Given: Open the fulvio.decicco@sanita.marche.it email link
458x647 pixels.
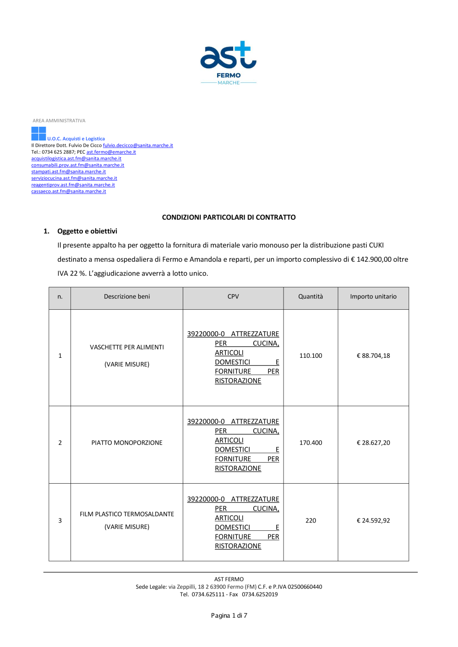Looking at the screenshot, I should pyautogui.click(x=138, y=146).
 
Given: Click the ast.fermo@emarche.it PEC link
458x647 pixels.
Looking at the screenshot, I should pyautogui.click(x=111, y=152).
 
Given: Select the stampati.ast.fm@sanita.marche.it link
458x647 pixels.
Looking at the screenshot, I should pyautogui.click(x=68, y=172).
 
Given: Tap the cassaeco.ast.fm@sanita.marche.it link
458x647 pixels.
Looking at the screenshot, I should pyautogui.click(x=68, y=191).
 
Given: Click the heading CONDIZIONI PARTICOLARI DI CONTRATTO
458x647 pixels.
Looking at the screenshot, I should pyautogui.click(x=229, y=217).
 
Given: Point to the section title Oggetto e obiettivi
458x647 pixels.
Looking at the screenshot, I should pyautogui.click(x=87, y=231).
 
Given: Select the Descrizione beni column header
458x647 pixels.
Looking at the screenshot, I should pyautogui.click(x=127, y=297).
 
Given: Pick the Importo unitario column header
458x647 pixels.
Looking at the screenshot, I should pyautogui.click(x=373, y=297).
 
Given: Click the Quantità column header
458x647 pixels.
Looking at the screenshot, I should pyautogui.click(x=311, y=297).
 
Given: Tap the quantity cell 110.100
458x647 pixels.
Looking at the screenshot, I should pyautogui.click(x=311, y=356).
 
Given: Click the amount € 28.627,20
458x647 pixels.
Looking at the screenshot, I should pyautogui.click(x=373, y=442).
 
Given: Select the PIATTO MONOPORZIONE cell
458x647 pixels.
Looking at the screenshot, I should pyautogui.click(x=127, y=442).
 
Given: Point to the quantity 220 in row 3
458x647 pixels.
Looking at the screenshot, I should pyautogui.click(x=311, y=520).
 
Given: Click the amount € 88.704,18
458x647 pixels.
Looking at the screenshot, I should pyautogui.click(x=373, y=356).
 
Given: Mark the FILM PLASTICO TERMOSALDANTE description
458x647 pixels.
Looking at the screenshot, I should pyautogui.click(x=127, y=514).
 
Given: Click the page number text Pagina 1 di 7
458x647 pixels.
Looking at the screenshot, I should pyautogui.click(x=229, y=615).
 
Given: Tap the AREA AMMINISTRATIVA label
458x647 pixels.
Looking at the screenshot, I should pyautogui.click(x=59, y=121).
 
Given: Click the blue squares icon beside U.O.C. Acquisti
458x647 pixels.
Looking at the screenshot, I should pyautogui.click(x=38, y=134).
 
